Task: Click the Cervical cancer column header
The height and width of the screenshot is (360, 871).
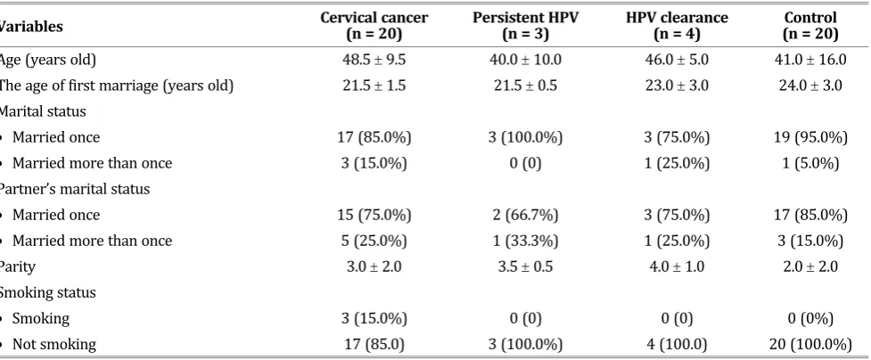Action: click(374, 26)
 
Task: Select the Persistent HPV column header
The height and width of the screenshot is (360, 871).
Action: click(525, 26)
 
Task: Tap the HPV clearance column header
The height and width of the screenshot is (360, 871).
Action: click(677, 26)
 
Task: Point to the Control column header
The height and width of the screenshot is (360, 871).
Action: click(810, 26)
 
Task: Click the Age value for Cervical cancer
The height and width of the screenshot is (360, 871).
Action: click(374, 60)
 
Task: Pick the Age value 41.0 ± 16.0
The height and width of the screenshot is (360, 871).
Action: click(810, 60)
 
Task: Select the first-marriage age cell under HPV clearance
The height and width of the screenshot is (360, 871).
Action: click(677, 86)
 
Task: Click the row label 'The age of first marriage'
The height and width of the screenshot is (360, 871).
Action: click(116, 86)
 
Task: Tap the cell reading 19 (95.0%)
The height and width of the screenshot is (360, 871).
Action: click(810, 137)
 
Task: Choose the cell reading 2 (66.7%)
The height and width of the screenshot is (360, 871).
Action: click(525, 215)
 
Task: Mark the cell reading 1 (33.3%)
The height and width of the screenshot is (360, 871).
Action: click(525, 241)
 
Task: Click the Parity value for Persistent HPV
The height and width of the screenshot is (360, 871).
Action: click(525, 266)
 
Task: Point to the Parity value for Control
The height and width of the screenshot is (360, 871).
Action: click(810, 266)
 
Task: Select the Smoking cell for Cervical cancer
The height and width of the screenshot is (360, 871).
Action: click(374, 319)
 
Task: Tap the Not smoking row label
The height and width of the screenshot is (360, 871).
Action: click(53, 345)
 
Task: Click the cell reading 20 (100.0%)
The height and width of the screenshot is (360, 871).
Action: click(810, 345)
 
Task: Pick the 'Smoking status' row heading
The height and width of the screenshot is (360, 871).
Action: click(47, 293)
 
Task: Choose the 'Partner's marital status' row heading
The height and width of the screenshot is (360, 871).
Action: click(74, 189)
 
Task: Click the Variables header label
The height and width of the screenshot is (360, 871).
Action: click(31, 26)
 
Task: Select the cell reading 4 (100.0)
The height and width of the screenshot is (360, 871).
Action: click(677, 345)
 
